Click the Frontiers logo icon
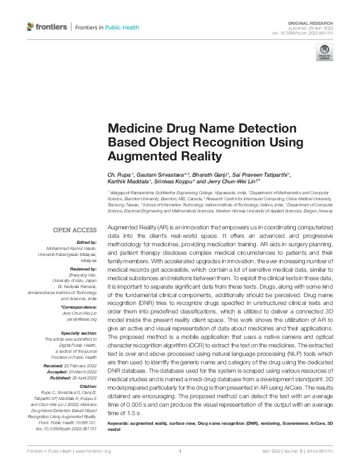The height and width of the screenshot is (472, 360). [x=32, y=27]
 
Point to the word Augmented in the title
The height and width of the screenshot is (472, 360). [x=139, y=156]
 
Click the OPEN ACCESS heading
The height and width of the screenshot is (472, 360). [x=75, y=230]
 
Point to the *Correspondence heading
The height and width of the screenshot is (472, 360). [x=80, y=308]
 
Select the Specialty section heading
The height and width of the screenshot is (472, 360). [x=79, y=333]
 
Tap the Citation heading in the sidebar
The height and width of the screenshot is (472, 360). [x=88, y=385]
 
